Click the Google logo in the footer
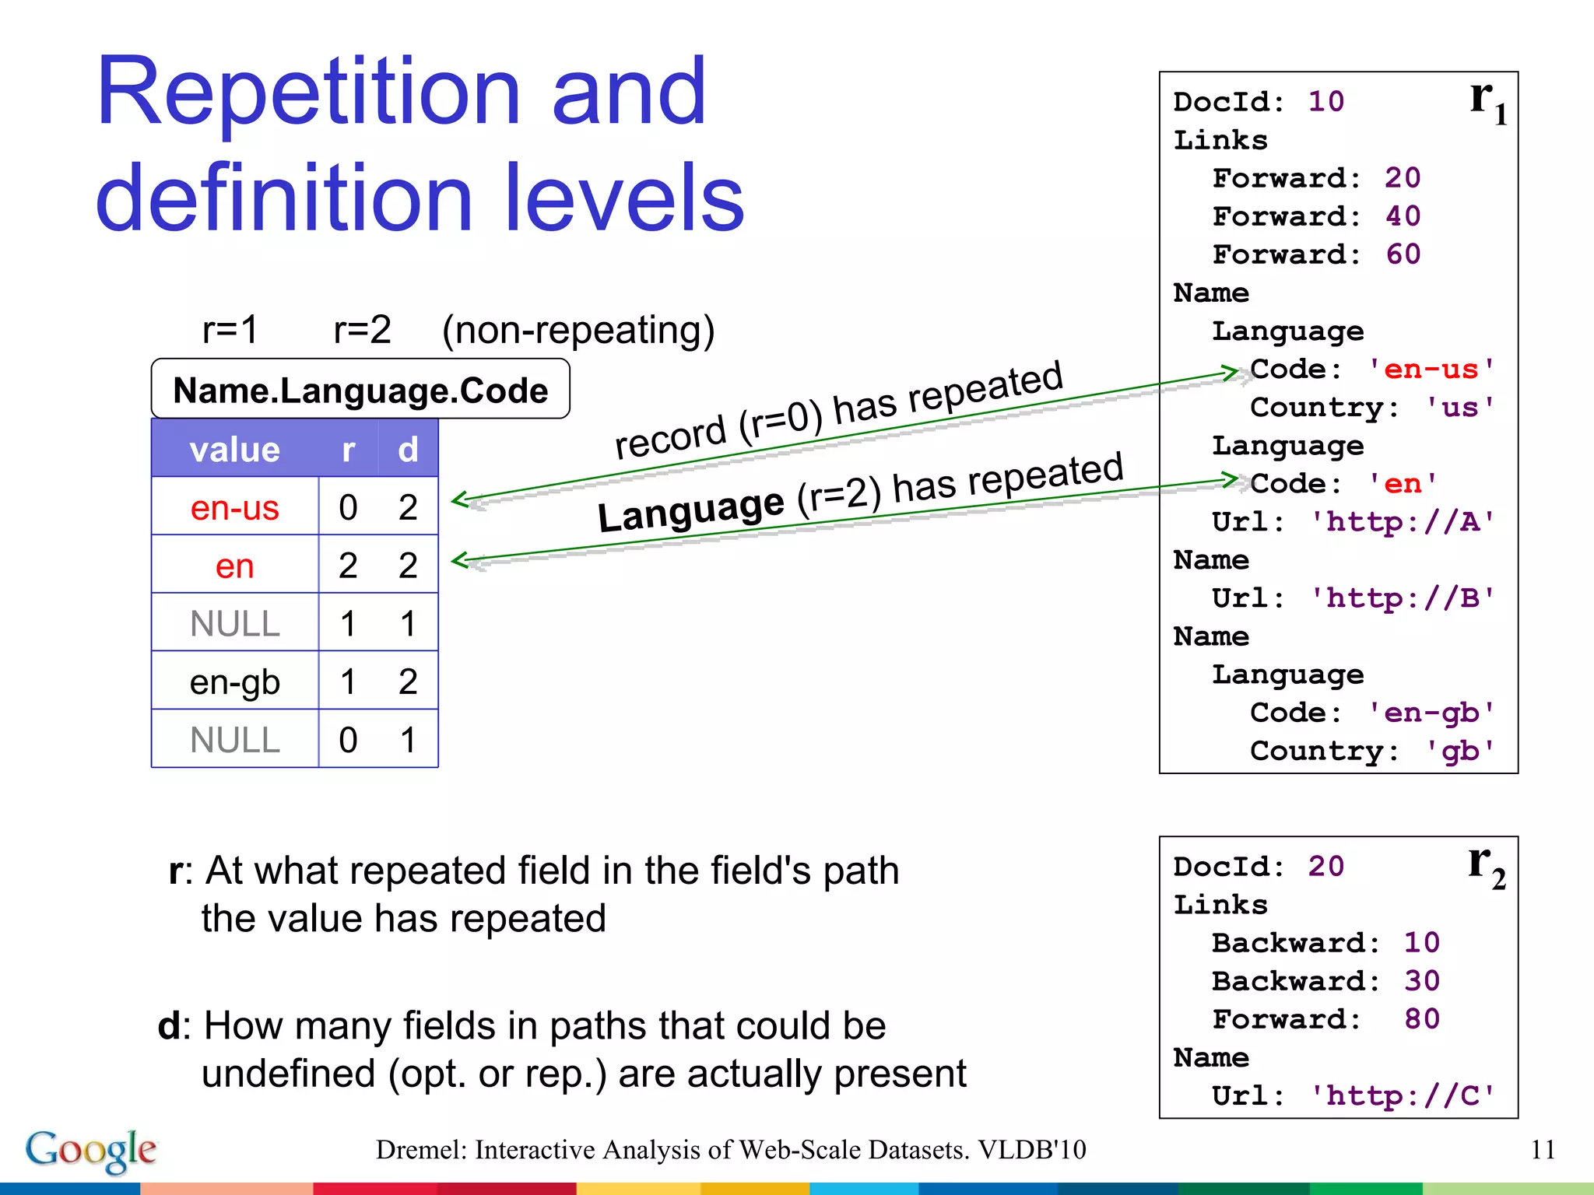pyautogui.click(x=91, y=1150)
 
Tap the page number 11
pyautogui.click(x=1542, y=1150)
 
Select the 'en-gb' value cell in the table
pyautogui.click(x=234, y=682)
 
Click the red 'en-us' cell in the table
pyautogui.click(x=234, y=508)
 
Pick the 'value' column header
pyautogui.click(x=234, y=450)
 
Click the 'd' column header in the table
pyautogui.click(x=408, y=450)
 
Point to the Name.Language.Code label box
pyautogui.click(x=360, y=390)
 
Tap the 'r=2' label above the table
pyautogui.click(x=362, y=330)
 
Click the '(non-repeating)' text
pyautogui.click(x=578, y=330)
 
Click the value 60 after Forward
pyautogui.click(x=1403, y=254)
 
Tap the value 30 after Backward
pyautogui.click(x=1421, y=981)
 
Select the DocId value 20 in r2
pyautogui.click(x=1325, y=867)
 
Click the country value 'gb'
pyautogui.click(x=1459, y=751)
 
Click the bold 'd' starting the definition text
pyautogui.click(x=169, y=1025)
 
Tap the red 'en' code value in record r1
pyautogui.click(x=1403, y=484)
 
